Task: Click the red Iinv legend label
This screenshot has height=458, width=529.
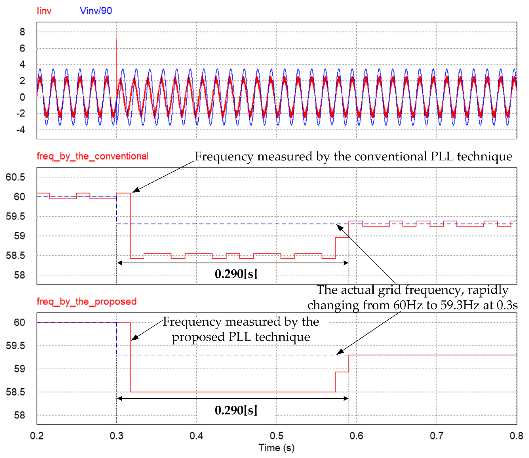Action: coord(44,11)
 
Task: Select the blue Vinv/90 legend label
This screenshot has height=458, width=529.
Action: coord(96,11)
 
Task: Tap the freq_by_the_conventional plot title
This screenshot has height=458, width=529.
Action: coord(92,156)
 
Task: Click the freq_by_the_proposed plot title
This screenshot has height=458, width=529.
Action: coord(86,302)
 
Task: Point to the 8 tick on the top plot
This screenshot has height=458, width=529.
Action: coord(22,32)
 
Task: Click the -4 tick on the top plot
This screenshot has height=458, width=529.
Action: coord(21,130)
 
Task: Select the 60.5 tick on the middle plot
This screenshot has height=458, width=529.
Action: coord(15,177)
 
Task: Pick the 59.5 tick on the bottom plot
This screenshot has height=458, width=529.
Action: coord(15,346)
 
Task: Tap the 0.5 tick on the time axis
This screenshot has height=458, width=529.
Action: coord(277,436)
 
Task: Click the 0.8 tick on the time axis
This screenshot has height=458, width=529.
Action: coord(516,436)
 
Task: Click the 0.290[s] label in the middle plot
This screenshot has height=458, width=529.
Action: coord(236,274)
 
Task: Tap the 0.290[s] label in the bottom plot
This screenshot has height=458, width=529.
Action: coord(236,410)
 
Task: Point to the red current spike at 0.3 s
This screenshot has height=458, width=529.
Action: coord(117,51)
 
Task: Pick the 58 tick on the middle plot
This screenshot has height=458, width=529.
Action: coord(19,275)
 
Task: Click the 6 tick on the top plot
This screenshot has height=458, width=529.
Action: coord(22,48)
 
